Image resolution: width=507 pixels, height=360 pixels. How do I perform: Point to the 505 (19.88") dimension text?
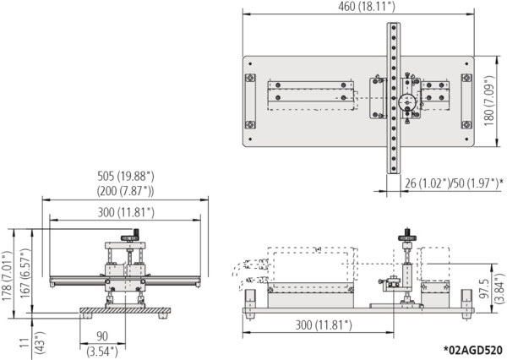click(x=125, y=177)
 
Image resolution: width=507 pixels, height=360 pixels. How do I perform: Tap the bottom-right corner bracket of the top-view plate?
click(x=466, y=123)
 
